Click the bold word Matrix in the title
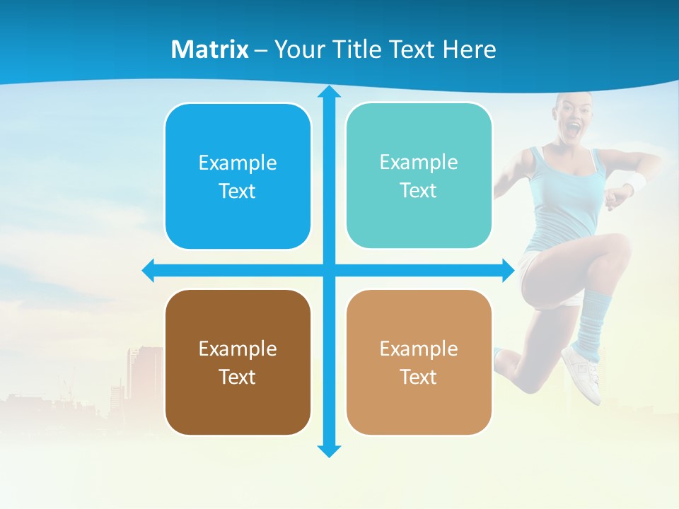tap(209, 49)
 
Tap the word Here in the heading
tap(469, 49)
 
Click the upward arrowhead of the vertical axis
tap(328, 92)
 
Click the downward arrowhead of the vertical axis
tap(328, 450)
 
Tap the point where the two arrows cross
tap(328, 270)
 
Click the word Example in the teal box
tap(419, 162)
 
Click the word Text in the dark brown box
tap(238, 377)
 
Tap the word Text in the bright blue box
tap(238, 191)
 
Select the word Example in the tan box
tap(419, 349)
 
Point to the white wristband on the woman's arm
tap(636, 182)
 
